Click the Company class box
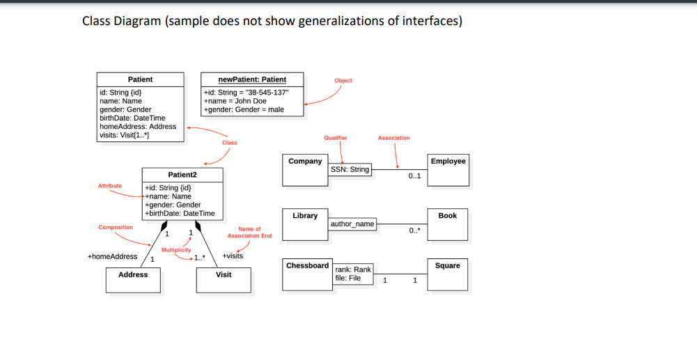[305, 170]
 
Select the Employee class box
[448, 170]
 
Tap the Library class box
[305, 224]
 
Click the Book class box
[448, 224]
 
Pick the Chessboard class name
[307, 265]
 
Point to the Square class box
[448, 274]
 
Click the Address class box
[133, 279]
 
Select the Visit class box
[224, 279]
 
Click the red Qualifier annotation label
[336, 138]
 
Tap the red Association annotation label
[393, 138]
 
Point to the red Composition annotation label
[116, 228]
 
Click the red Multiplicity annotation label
[176, 249]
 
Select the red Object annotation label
[343, 81]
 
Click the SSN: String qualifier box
[350, 169]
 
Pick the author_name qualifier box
[352, 224]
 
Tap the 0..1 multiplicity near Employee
[415, 176]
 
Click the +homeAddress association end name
[112, 256]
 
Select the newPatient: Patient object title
[252, 79]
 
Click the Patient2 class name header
[182, 175]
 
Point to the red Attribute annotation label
[110, 186]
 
